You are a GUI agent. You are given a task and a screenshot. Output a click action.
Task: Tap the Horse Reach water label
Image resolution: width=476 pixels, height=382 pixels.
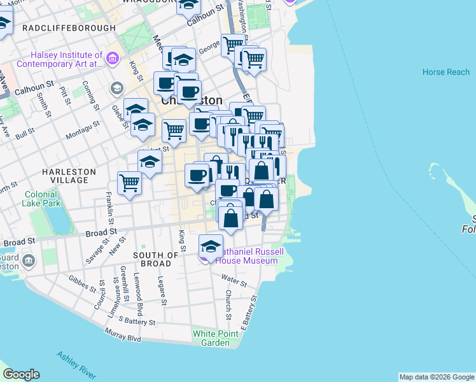pyautogui.click(x=445, y=72)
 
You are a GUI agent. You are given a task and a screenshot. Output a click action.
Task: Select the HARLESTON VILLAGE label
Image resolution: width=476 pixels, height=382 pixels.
pyautogui.click(x=69, y=176)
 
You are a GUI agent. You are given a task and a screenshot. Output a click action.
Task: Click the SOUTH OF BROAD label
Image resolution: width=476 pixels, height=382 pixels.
pyautogui.click(x=152, y=259)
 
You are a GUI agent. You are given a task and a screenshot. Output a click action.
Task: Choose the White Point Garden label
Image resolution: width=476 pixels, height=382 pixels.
pyautogui.click(x=211, y=338)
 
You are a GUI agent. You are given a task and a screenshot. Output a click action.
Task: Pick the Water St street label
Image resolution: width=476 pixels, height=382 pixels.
pyautogui.click(x=233, y=278)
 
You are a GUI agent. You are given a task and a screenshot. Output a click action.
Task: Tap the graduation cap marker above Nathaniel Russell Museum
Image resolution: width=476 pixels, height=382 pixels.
pyautogui.click(x=211, y=244)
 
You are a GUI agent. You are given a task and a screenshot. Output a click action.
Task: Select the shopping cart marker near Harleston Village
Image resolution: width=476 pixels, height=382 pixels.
pyautogui.click(x=130, y=183)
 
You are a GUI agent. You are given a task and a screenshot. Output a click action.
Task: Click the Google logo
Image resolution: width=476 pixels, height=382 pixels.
pyautogui.click(x=21, y=374)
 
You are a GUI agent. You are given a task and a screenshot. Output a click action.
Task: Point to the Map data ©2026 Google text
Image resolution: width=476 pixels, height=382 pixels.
pyautogui.click(x=436, y=377)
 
